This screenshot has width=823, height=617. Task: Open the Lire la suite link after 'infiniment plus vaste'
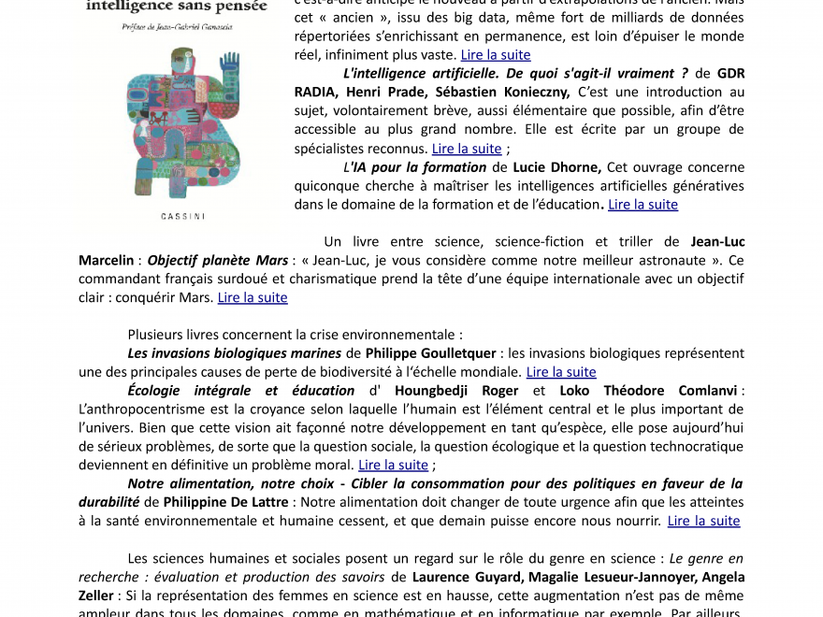pos(496,55)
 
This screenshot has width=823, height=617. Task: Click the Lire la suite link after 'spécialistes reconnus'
pos(467,148)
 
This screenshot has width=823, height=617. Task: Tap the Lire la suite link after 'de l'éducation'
pos(643,204)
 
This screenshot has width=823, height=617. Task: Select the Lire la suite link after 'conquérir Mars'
pos(253,297)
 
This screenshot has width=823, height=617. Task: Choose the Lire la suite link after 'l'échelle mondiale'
pos(561,371)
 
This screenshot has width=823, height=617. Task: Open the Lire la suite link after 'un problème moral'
pos(393,465)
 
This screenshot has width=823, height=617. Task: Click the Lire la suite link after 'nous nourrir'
pos(703,521)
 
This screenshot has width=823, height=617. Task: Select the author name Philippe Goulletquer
pos(429,352)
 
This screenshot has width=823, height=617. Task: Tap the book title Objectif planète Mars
pos(218,260)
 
